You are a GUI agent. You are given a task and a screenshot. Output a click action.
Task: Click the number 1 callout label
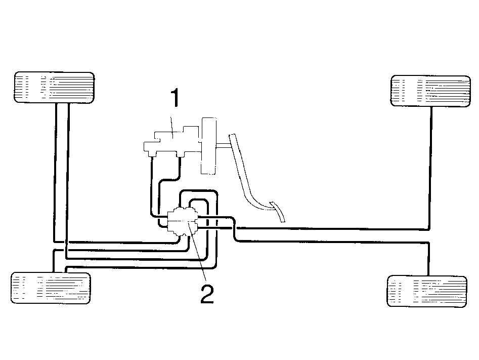(175, 98)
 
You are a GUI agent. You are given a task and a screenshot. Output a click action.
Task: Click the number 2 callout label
(207, 294)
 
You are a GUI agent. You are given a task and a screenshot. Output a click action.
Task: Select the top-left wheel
(55, 88)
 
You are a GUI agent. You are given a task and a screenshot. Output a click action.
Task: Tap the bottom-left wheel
(51, 288)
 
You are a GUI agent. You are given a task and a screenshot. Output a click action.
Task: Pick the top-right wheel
(431, 91)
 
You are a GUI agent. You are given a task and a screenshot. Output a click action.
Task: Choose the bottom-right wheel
(427, 292)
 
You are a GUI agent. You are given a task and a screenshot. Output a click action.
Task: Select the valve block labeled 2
(183, 221)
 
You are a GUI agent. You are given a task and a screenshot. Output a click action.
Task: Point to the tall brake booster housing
(209, 146)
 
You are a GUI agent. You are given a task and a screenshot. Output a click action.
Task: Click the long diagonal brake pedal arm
(244, 171)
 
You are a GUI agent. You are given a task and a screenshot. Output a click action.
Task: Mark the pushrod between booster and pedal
(224, 146)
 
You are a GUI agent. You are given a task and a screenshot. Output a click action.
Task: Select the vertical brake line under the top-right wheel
(431, 168)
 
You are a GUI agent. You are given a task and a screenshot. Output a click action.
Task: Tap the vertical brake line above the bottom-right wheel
(428, 259)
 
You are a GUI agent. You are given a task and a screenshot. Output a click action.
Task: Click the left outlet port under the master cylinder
(151, 155)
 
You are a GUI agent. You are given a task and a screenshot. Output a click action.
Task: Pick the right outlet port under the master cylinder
(180, 155)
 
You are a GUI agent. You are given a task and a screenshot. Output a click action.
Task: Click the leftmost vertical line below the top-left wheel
(55, 172)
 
